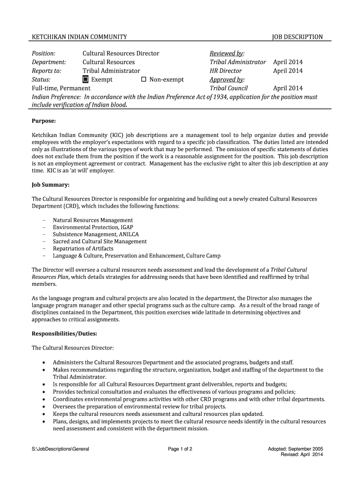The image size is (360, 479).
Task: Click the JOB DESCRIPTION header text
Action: (297, 37)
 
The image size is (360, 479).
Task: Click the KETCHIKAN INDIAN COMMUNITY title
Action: (79, 37)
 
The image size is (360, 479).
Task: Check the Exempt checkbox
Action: (86, 80)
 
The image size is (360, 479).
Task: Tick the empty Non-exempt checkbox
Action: (144, 80)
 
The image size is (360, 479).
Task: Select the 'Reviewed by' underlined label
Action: (227, 53)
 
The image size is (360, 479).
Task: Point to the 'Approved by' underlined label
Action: (227, 80)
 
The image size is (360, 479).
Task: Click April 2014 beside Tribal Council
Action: (288, 88)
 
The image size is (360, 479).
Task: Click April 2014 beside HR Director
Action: (288, 71)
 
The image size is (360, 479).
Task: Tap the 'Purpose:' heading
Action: (43, 121)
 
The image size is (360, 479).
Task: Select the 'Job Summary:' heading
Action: (50, 185)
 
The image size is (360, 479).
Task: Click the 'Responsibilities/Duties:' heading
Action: (65, 334)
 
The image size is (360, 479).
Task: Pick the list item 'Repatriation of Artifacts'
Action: (83, 248)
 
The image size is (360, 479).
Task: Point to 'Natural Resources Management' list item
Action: (93, 220)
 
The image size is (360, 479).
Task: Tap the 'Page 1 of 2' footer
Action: (180, 449)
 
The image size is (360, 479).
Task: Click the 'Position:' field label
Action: (43, 53)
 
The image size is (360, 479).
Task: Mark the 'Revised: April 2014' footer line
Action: (302, 455)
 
